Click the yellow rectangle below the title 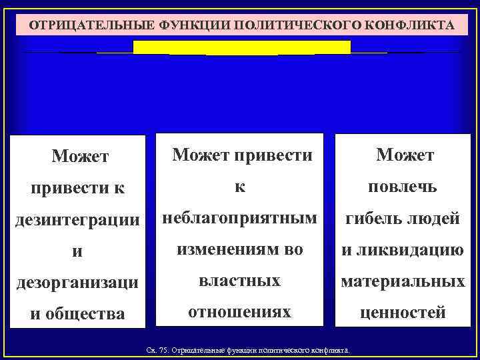point(241,47)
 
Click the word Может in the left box point(79,157)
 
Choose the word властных point(239,280)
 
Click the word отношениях point(239,311)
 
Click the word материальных point(403,281)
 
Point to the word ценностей point(403,313)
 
